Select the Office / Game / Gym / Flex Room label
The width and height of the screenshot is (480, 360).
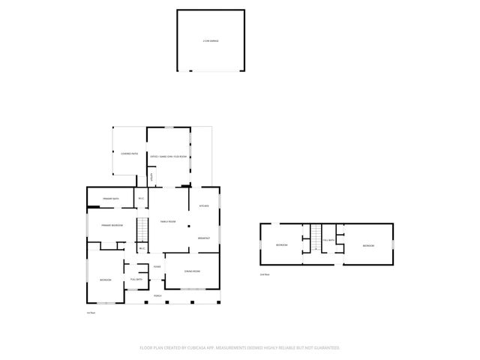point(178,156)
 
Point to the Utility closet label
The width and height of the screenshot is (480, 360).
point(151,177)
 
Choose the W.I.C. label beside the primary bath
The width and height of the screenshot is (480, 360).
point(141,199)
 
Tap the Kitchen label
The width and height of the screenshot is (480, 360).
point(203,206)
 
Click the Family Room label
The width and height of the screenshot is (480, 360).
point(168,221)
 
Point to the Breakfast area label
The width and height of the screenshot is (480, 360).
point(203,238)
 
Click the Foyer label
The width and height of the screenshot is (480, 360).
point(157,267)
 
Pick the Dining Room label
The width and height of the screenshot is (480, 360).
point(193,271)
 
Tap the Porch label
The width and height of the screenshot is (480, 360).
point(157,296)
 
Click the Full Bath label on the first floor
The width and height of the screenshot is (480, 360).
point(136,279)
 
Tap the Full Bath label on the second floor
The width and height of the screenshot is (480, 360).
point(328,240)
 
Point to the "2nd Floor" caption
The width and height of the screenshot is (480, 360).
point(263,274)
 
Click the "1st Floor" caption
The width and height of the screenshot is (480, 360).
point(90,313)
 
